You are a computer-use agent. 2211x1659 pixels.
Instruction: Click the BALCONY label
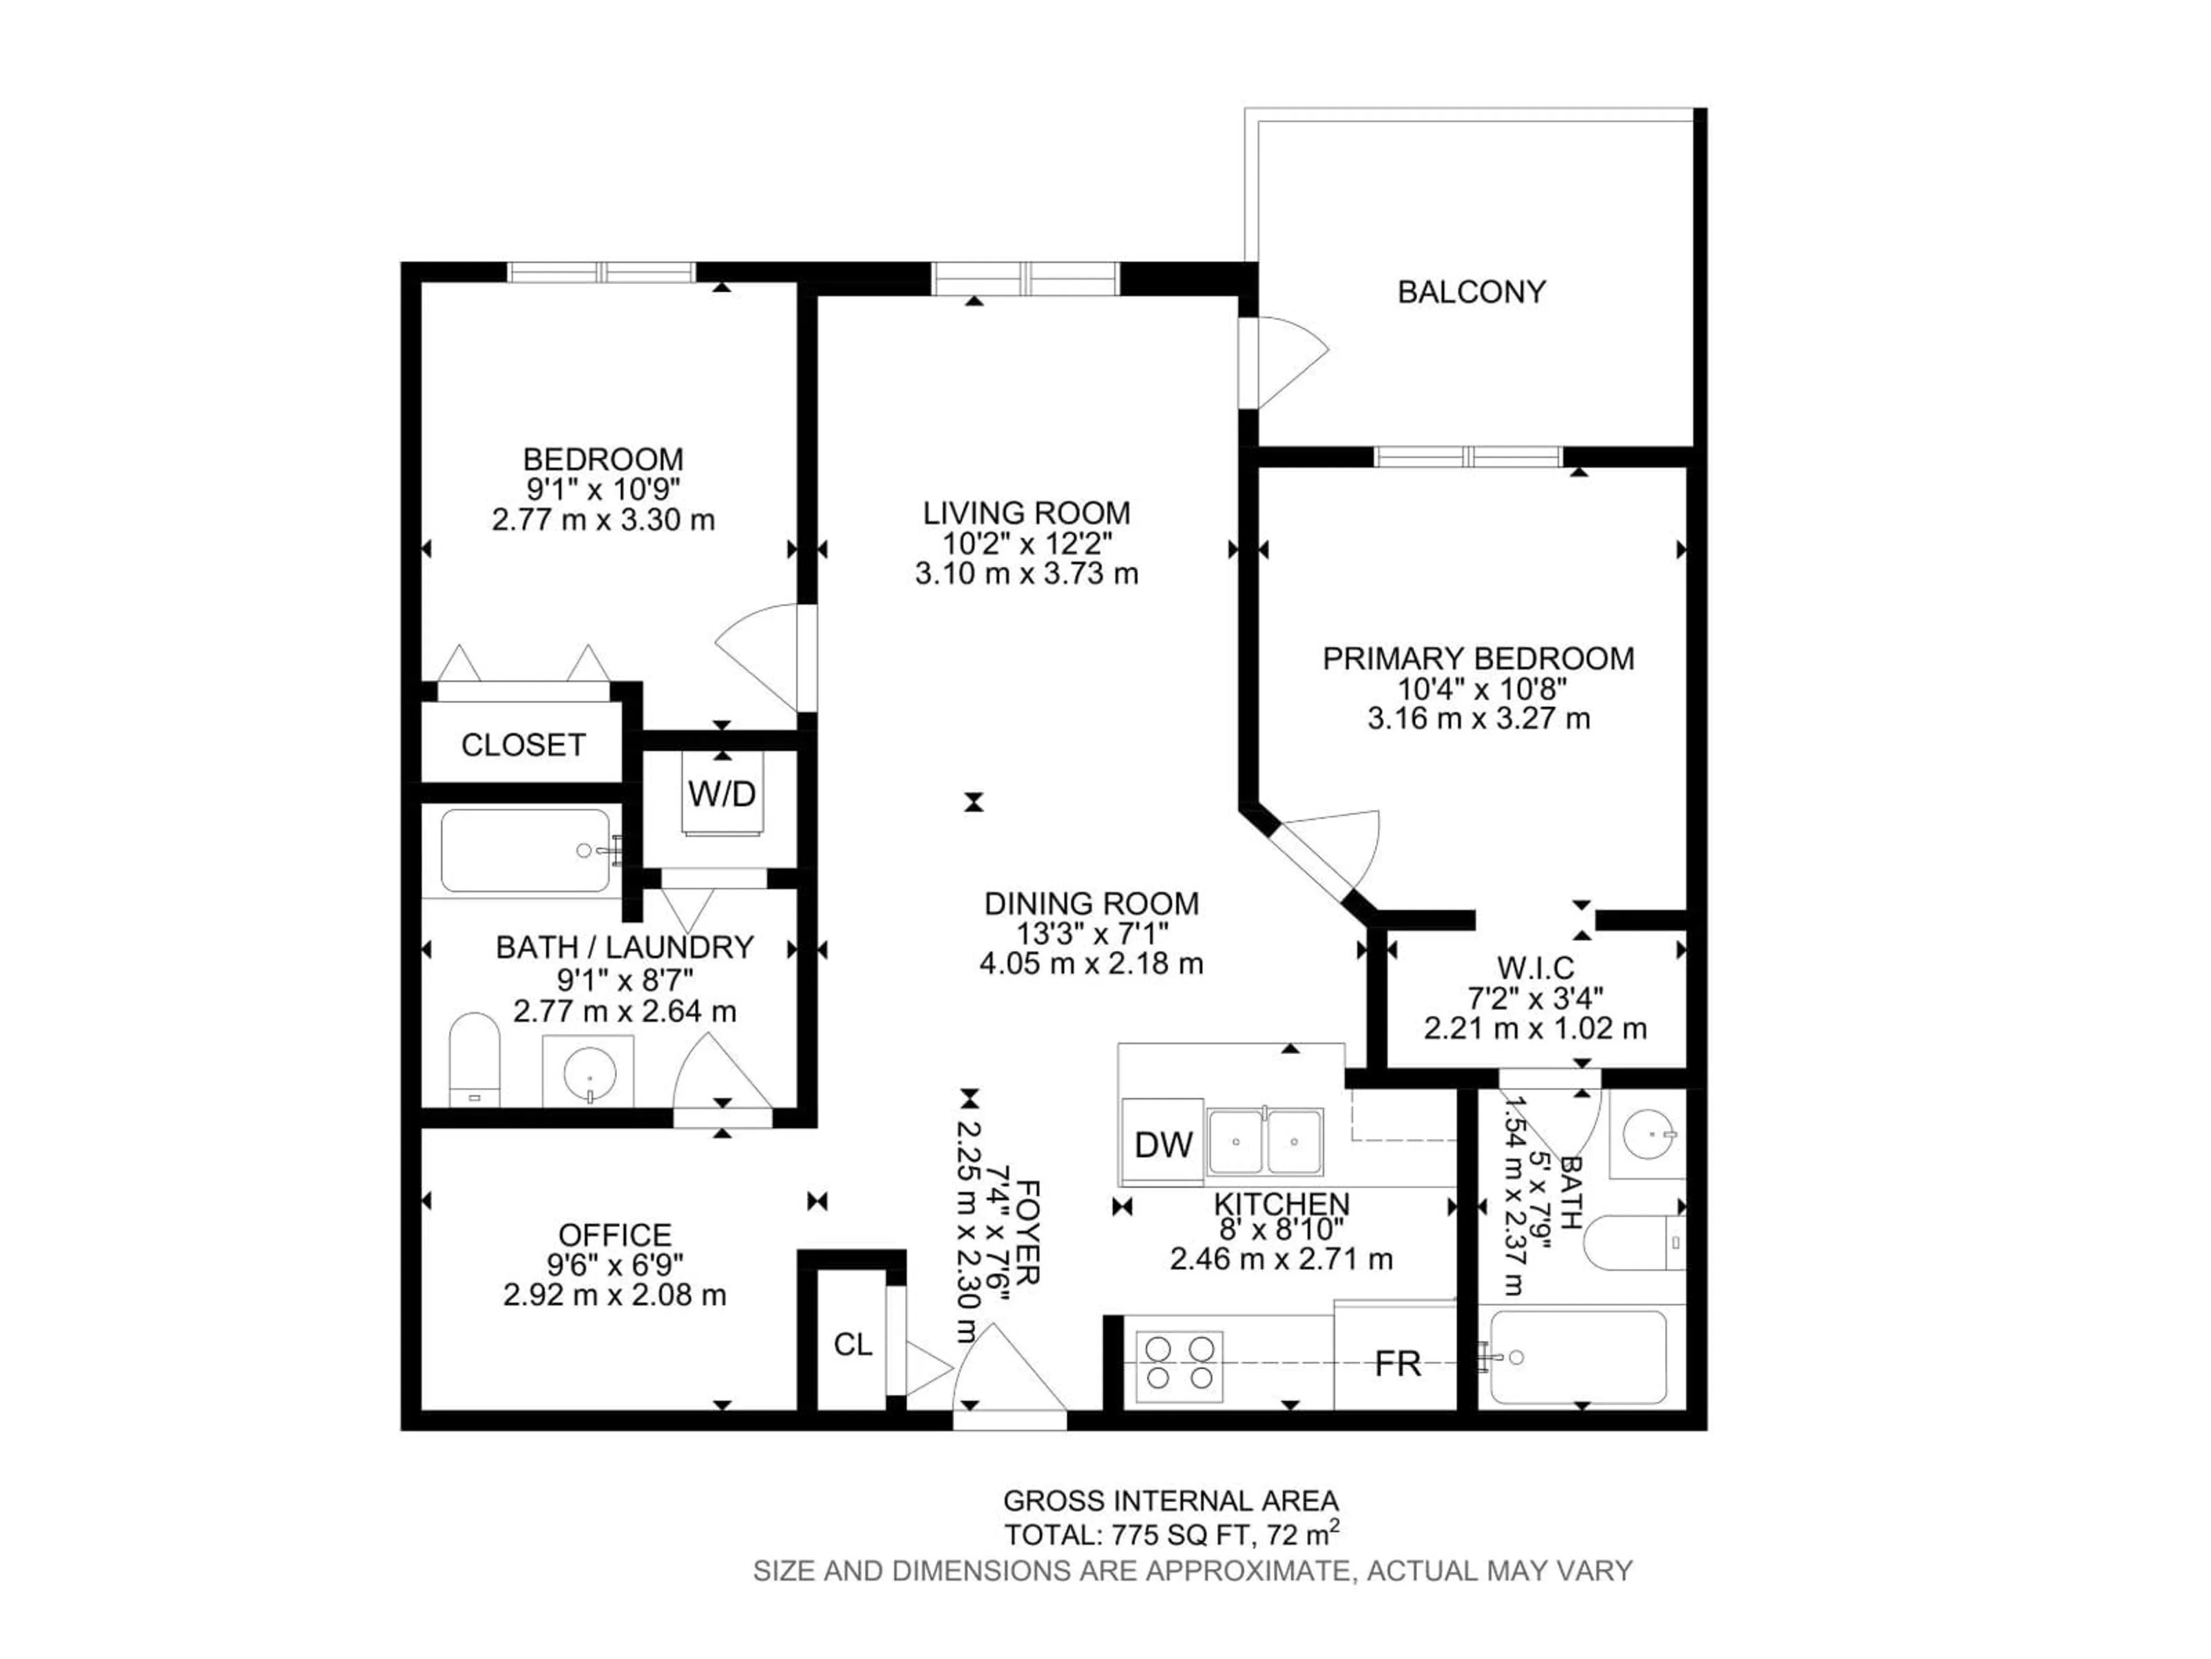(x=1471, y=292)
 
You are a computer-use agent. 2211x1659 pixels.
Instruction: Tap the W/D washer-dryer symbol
(x=721, y=794)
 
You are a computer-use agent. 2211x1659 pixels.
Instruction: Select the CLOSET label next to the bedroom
(x=523, y=745)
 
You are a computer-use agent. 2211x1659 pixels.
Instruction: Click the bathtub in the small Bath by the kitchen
(x=1577, y=1358)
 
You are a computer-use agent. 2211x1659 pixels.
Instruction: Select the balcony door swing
(x=1285, y=362)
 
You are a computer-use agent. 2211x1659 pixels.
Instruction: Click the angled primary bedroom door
(x=1329, y=852)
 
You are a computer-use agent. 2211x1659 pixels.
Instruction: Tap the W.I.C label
(x=1534, y=968)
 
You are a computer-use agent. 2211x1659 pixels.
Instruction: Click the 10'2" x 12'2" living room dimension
(x=1027, y=544)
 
